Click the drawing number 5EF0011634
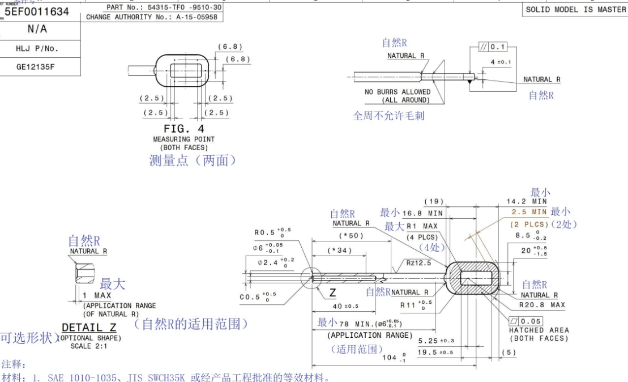tap(37, 11)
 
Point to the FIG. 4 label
tap(183, 129)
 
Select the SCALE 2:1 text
tap(84, 346)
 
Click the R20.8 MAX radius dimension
tap(542, 305)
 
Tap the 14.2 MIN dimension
tap(526, 201)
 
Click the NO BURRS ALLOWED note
tap(397, 92)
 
